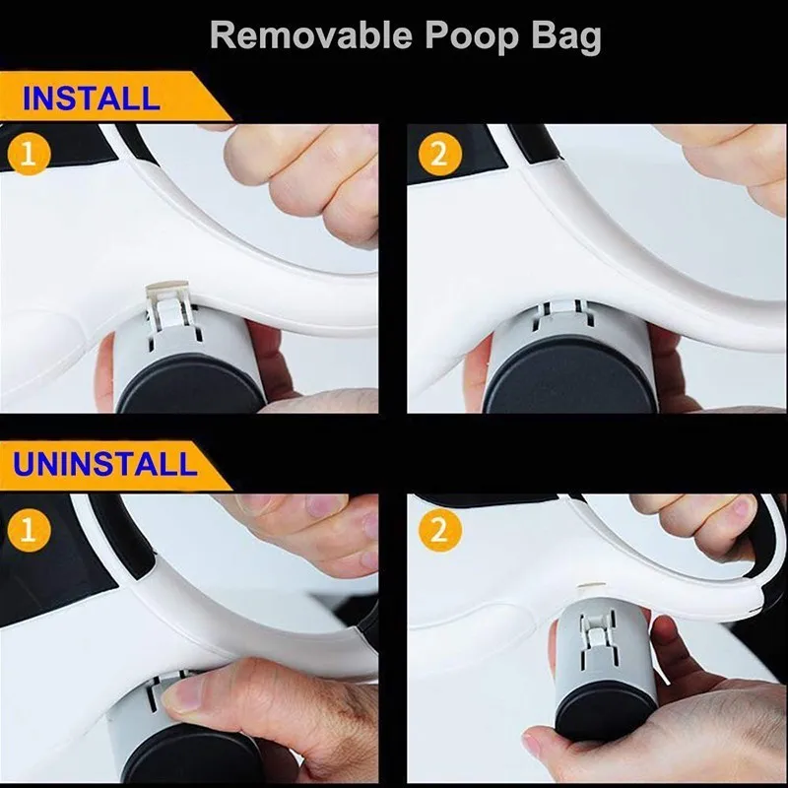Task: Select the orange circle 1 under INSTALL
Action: point(30,156)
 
